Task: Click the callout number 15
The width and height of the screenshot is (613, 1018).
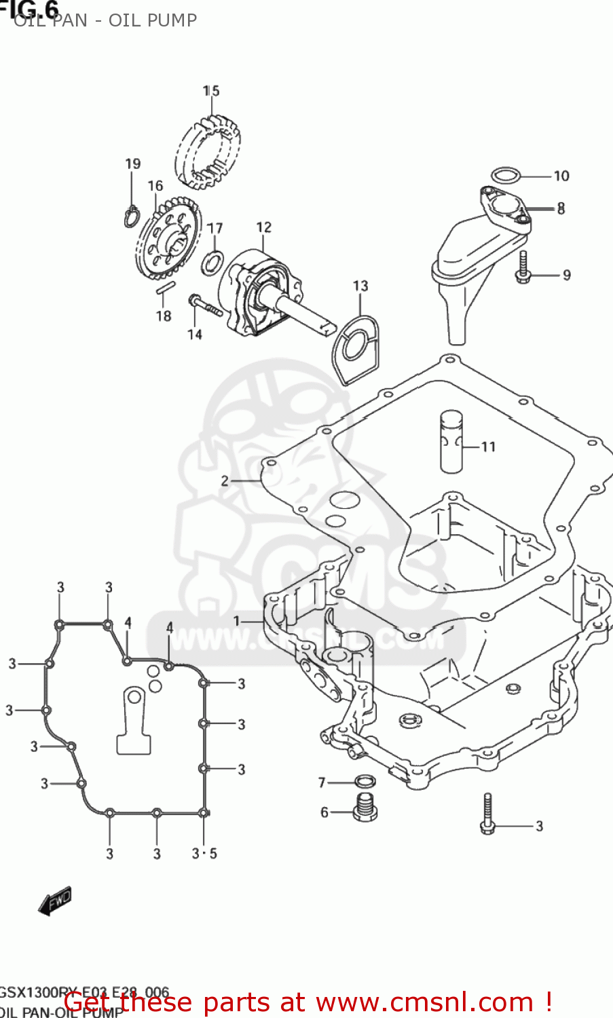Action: (211, 91)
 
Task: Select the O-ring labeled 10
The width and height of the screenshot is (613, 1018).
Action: (505, 176)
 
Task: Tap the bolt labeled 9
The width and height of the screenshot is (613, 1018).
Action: (522, 267)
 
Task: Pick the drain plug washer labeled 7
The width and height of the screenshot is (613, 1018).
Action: (365, 783)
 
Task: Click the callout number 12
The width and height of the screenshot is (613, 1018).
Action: (263, 228)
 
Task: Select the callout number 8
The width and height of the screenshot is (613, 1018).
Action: (561, 209)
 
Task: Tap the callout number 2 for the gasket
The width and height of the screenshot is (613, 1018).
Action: (225, 481)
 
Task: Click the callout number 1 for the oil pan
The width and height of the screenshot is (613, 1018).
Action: (236, 621)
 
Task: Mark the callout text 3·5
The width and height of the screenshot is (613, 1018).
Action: (204, 854)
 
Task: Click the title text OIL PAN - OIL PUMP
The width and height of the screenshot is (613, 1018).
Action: (105, 20)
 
